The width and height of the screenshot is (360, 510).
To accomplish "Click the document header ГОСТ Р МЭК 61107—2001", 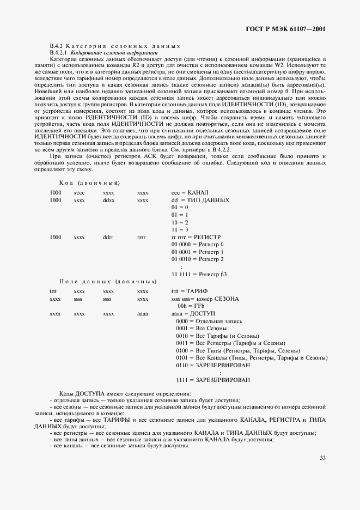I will pyautogui.click(x=294, y=28).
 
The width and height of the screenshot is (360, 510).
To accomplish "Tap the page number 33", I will pyautogui.click(x=322, y=458).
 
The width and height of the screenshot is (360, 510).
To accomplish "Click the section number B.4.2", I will pyautogui.click(x=57, y=46).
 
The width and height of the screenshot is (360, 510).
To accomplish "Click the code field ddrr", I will pyautogui.click(x=108, y=238).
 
